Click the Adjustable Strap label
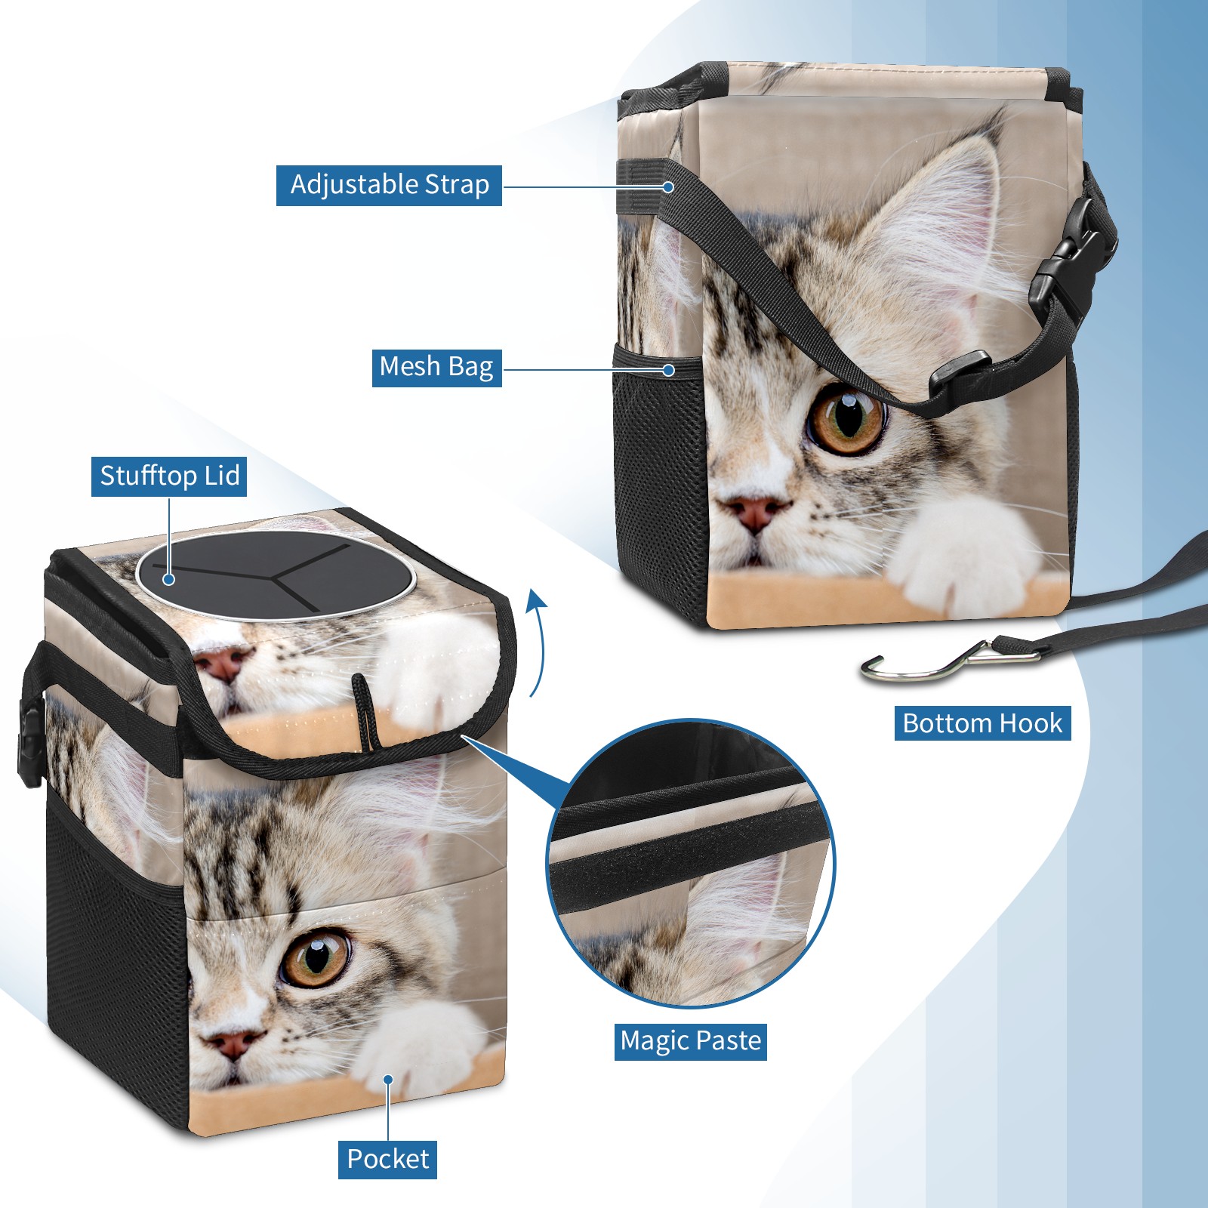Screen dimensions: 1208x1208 tap(389, 185)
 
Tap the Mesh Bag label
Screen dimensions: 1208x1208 tap(436, 367)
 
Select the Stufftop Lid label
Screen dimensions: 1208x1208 tap(169, 476)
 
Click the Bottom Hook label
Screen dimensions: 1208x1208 tap(982, 723)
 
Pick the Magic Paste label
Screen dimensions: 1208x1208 tap(691, 1041)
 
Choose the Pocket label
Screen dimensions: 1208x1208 tap(387, 1159)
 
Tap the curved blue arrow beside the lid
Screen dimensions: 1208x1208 tap(537, 642)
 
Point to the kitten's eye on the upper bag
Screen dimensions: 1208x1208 tap(846, 418)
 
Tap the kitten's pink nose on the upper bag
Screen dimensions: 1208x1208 tap(757, 513)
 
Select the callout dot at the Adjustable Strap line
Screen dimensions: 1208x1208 tap(668, 186)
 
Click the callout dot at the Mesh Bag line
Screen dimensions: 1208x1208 tap(668, 370)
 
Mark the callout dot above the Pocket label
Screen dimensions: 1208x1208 tap(388, 1080)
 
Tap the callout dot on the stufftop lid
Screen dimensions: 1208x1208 tap(169, 579)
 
